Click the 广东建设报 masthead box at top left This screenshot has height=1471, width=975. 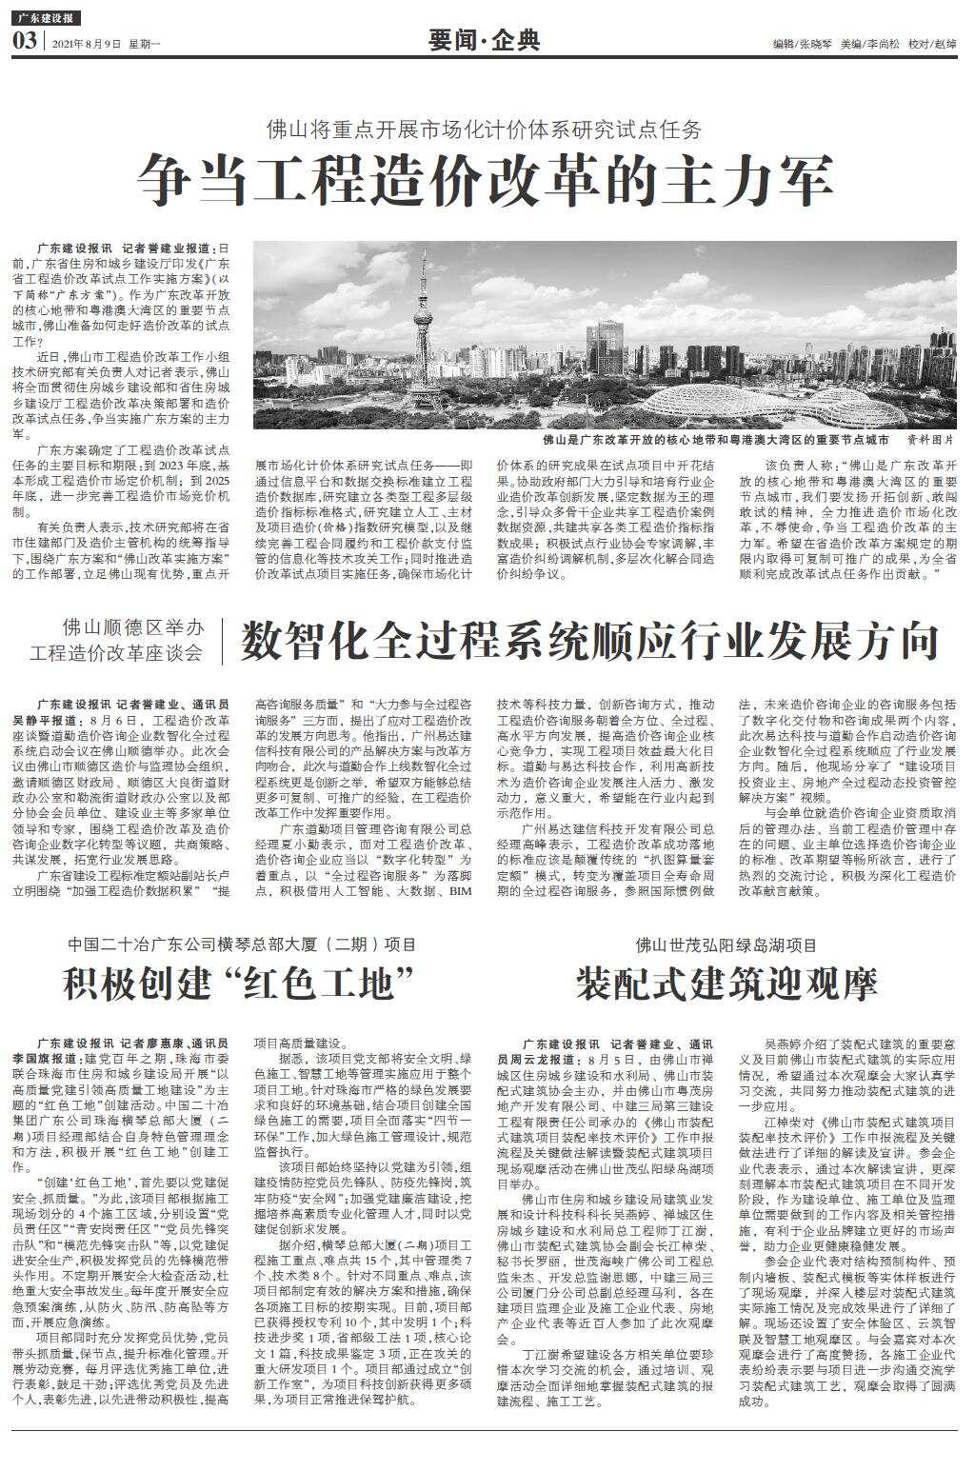[x=47, y=18]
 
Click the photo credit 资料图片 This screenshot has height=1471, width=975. [x=929, y=440]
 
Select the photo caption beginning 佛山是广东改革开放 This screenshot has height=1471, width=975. [x=715, y=440]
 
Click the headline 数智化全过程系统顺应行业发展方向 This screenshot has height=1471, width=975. [x=589, y=641]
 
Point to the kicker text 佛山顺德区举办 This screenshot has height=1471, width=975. [x=133, y=627]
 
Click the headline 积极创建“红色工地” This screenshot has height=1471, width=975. [x=242, y=983]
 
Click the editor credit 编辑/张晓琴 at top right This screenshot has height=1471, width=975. [x=802, y=44]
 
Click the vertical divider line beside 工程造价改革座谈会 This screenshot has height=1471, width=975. [x=222, y=641]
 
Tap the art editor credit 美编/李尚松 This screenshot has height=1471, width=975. [x=867, y=44]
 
